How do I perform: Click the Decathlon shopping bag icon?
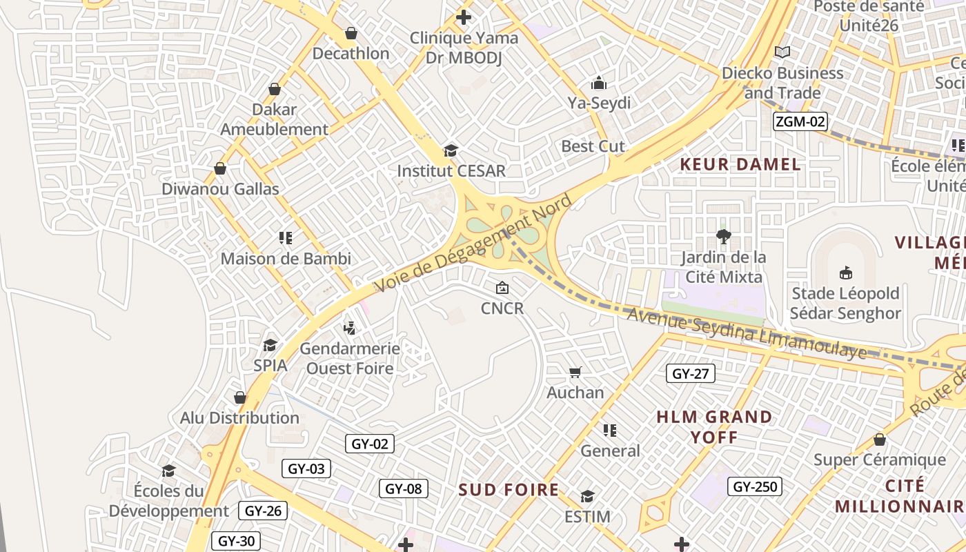pos(351,33)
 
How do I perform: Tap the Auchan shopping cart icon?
pos(575,373)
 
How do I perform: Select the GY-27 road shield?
pos(691,374)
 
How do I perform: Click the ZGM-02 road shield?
pos(800,122)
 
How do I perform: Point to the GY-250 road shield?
pos(755,486)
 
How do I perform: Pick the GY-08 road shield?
pos(403,489)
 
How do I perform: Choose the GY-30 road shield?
pos(236,541)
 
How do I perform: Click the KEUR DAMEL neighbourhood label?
pos(740,164)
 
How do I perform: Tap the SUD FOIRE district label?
pos(509,490)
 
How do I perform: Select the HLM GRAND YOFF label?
pos(714,426)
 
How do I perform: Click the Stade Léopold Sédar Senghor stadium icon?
pos(845,273)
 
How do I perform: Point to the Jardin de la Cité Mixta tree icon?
pos(723,237)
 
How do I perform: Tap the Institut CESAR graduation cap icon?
pos(451,150)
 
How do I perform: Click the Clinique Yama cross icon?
pos(464,17)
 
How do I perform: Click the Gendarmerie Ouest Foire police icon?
pos(350,328)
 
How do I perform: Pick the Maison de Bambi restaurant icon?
pos(286,238)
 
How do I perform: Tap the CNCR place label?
pos(502,308)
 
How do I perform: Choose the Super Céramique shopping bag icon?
pos(879,440)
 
